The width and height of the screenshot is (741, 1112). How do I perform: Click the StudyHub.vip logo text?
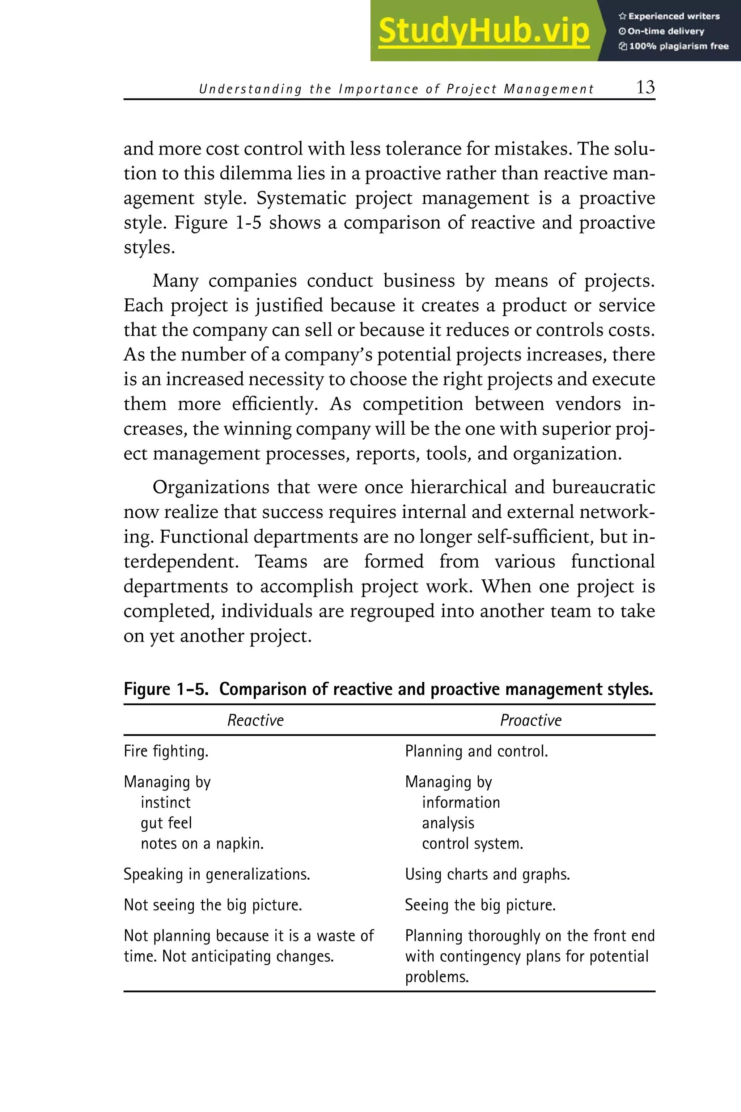pyautogui.click(x=483, y=31)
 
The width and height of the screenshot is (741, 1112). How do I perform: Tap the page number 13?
pyautogui.click(x=645, y=88)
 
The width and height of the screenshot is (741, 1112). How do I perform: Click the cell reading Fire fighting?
pyautogui.click(x=166, y=751)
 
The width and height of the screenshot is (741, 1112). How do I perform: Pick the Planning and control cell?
pyautogui.click(x=477, y=751)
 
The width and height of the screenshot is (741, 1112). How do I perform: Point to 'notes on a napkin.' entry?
pyautogui.click(x=202, y=843)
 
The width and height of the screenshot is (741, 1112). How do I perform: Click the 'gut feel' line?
pyautogui.click(x=166, y=823)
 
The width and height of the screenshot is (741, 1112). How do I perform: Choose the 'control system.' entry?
pyautogui.click(x=472, y=843)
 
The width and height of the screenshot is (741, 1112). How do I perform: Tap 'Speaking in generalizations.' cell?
pyautogui.click(x=217, y=874)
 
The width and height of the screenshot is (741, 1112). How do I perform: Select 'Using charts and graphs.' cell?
pyautogui.click(x=487, y=874)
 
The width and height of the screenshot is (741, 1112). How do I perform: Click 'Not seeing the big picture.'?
pyautogui.click(x=213, y=905)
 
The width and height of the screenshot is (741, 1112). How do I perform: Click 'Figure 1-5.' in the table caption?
pyautogui.click(x=166, y=689)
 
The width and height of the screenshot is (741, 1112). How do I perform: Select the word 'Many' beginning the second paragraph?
pyautogui.click(x=175, y=281)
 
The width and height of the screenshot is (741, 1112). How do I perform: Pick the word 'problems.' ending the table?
pyautogui.click(x=437, y=977)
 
